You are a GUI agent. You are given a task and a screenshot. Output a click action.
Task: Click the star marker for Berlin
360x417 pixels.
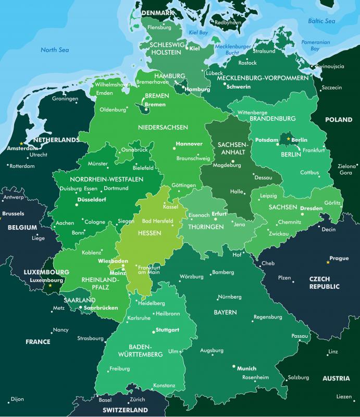click(289, 139)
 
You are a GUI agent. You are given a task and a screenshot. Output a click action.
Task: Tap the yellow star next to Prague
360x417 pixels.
click(328, 262)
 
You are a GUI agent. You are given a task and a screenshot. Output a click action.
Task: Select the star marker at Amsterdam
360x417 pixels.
click(21, 143)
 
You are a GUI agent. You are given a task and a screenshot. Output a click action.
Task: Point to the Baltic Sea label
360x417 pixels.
click(321, 21)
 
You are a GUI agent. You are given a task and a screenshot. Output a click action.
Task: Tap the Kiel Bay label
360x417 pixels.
click(198, 32)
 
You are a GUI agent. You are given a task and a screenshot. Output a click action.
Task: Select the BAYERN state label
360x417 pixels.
click(225, 312)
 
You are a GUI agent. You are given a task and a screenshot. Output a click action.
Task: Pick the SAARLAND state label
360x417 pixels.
click(79, 300)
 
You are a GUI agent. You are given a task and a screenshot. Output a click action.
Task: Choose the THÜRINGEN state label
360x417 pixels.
click(206, 227)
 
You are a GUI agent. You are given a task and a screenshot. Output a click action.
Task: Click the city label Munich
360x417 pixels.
click(246, 368)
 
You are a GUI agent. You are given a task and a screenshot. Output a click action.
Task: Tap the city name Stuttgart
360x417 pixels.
click(167, 330)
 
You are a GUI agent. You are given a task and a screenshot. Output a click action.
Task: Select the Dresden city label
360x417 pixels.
click(311, 208)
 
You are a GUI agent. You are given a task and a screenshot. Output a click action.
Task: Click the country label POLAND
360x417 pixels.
click(339, 119)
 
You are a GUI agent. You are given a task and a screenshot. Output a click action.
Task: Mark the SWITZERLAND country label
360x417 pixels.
click(125, 410)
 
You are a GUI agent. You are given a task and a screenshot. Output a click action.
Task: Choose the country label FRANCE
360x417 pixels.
click(38, 342)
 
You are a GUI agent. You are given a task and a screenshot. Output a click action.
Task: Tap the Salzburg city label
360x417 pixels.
click(299, 377)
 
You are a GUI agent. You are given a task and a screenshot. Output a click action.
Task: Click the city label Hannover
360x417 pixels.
click(189, 143)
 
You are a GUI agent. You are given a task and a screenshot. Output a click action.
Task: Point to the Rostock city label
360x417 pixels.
click(247, 63)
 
